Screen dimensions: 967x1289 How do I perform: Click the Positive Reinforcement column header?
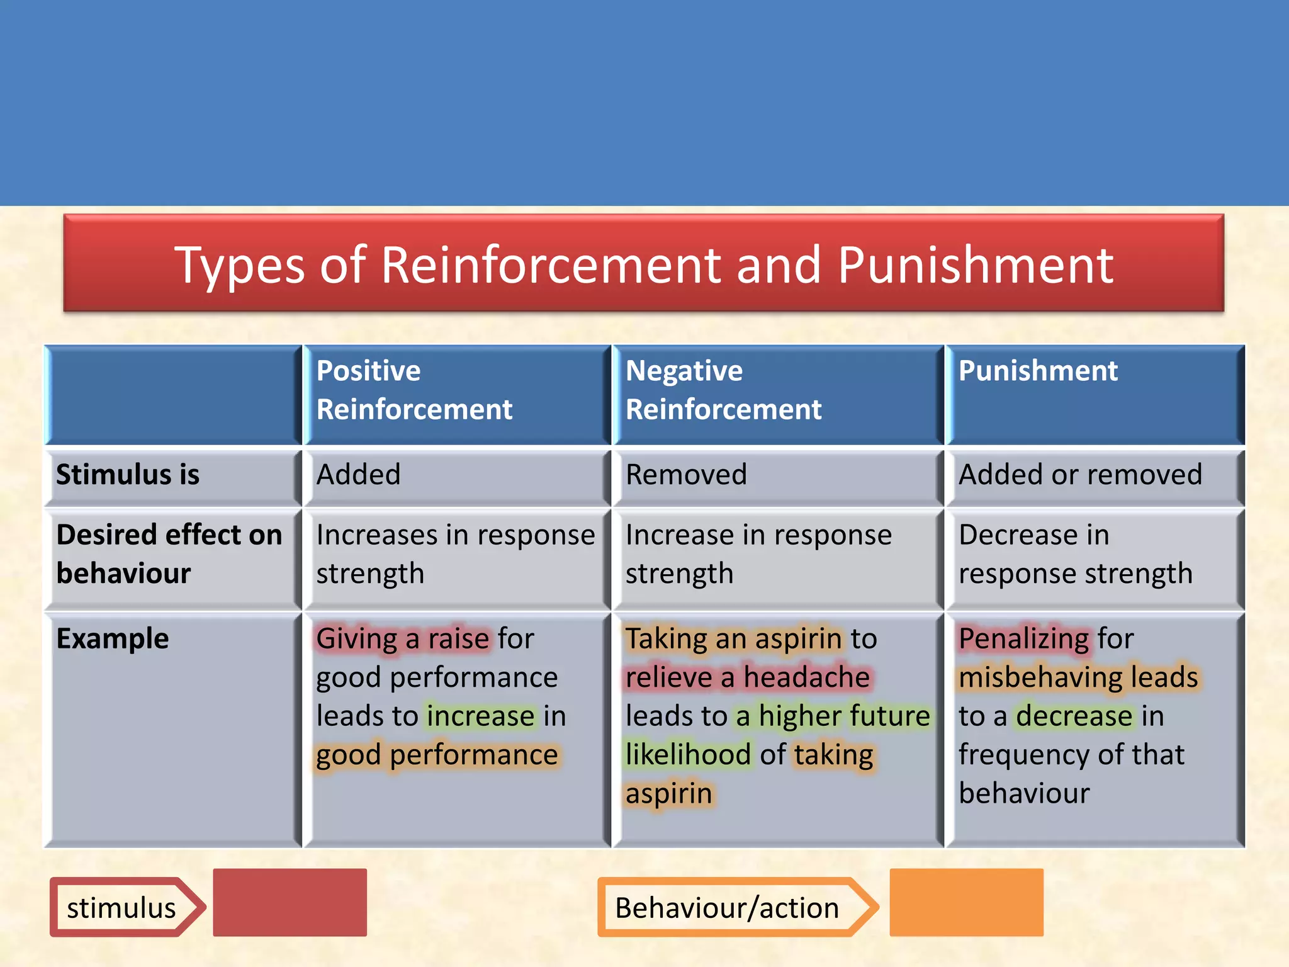coord(414,390)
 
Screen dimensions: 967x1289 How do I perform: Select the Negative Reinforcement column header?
coord(723,390)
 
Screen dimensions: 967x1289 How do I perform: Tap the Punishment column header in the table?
coord(1038,371)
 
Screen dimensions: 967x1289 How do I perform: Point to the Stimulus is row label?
coord(128,475)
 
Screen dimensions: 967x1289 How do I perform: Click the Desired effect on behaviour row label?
coord(169,554)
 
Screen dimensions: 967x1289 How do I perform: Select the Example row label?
coord(113,639)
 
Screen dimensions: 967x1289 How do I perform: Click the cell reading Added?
coord(358,475)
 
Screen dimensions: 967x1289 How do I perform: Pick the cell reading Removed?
coord(686,475)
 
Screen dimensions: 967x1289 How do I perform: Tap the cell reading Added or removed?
coord(1080,475)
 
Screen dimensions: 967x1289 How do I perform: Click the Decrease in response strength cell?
coord(1075,554)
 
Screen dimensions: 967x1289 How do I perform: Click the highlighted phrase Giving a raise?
coord(403,639)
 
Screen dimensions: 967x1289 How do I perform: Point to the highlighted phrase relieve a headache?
coord(748,678)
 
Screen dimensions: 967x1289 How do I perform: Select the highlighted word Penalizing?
coord(1024,639)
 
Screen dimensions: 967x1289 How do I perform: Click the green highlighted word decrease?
coord(1074,716)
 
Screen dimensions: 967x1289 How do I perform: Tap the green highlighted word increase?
coord(481,716)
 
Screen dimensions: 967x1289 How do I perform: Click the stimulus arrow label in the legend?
coord(122,908)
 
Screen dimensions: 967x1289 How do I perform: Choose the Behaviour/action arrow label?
coord(727,908)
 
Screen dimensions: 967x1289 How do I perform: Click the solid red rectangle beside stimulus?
coord(290,902)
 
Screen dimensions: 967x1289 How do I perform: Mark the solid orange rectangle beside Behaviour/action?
coord(966,902)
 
